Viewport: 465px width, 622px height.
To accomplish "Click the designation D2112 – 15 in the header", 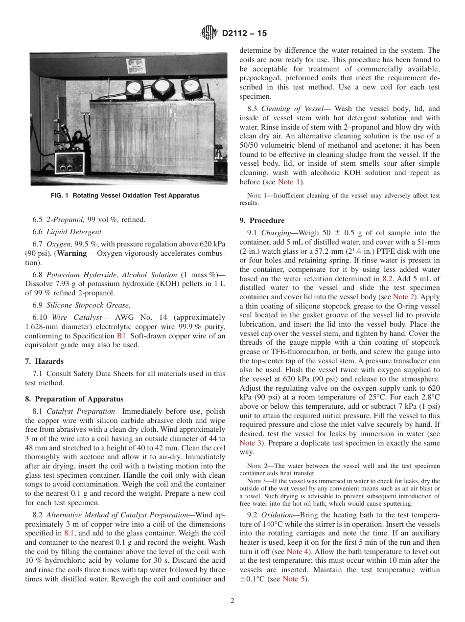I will pos(244,34).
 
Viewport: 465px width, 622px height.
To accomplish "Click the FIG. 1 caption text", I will pos(125,196).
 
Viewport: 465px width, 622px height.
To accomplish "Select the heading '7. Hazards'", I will pos(44,361).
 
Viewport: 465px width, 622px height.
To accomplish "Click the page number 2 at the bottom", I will pos(232,601).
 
